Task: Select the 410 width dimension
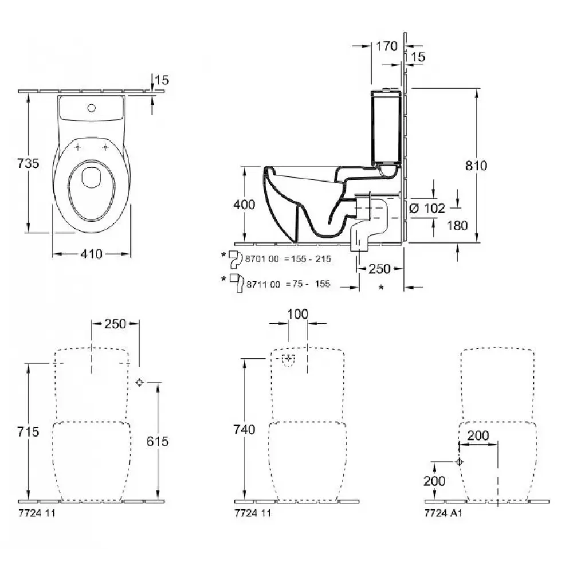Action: [x=91, y=253]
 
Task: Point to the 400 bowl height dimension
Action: [x=244, y=204]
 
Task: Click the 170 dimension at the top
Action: [x=387, y=46]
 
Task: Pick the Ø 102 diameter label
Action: [x=427, y=209]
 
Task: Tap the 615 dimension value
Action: [x=157, y=441]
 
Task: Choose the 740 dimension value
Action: [x=244, y=429]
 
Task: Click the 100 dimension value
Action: [x=297, y=314]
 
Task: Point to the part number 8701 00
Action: [x=262, y=259]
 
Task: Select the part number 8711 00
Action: [x=262, y=284]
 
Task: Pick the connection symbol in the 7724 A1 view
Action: [x=459, y=462]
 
